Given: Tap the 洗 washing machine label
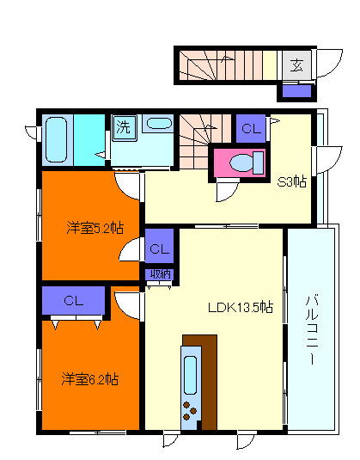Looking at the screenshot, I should [x=123, y=126].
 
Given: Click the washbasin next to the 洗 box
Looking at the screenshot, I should [x=157, y=123].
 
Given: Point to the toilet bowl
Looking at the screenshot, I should [x=243, y=162].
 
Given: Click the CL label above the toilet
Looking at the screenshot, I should [x=250, y=129].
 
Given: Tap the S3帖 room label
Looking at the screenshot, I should [x=291, y=181].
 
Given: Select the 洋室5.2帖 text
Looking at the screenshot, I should [x=95, y=228].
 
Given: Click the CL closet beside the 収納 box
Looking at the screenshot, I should [x=159, y=249].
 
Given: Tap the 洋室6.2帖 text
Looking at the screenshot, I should [x=89, y=378].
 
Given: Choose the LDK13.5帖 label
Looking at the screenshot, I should [x=240, y=307].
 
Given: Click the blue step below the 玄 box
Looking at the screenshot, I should [x=297, y=90].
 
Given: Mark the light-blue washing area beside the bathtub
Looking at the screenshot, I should [x=89, y=138].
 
